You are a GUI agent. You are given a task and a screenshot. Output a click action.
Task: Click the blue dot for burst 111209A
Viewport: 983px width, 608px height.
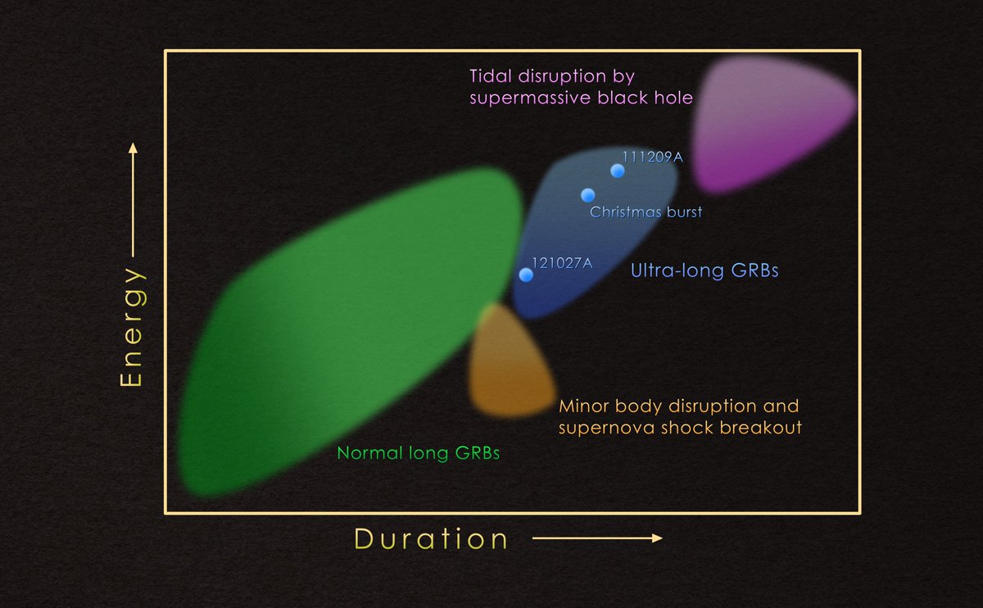618,170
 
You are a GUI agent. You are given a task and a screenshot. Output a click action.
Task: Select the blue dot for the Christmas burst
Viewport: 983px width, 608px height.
587,195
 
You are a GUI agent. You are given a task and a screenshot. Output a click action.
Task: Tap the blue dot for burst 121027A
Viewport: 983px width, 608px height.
526,275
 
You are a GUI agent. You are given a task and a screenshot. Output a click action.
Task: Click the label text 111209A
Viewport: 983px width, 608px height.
652,157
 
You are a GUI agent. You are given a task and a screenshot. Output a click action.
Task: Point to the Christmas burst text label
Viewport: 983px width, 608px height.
646,212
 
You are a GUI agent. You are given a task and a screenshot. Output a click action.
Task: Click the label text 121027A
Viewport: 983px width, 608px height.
562,263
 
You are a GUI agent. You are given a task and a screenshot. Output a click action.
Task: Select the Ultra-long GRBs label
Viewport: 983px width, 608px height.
704,271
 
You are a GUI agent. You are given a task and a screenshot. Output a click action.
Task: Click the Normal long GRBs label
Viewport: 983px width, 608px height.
418,453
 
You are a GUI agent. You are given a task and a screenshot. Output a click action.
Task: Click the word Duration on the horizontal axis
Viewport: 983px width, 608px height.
432,538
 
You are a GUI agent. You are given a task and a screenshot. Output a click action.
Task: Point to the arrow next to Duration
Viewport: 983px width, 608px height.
596,538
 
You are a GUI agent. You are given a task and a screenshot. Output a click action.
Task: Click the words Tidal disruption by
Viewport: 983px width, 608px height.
552,77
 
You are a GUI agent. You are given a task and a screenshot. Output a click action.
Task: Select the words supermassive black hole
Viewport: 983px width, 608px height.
581,98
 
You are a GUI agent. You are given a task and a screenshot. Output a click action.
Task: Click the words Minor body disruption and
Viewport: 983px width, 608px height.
678,406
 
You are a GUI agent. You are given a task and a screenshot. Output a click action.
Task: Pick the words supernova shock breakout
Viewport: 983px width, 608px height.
680,427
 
